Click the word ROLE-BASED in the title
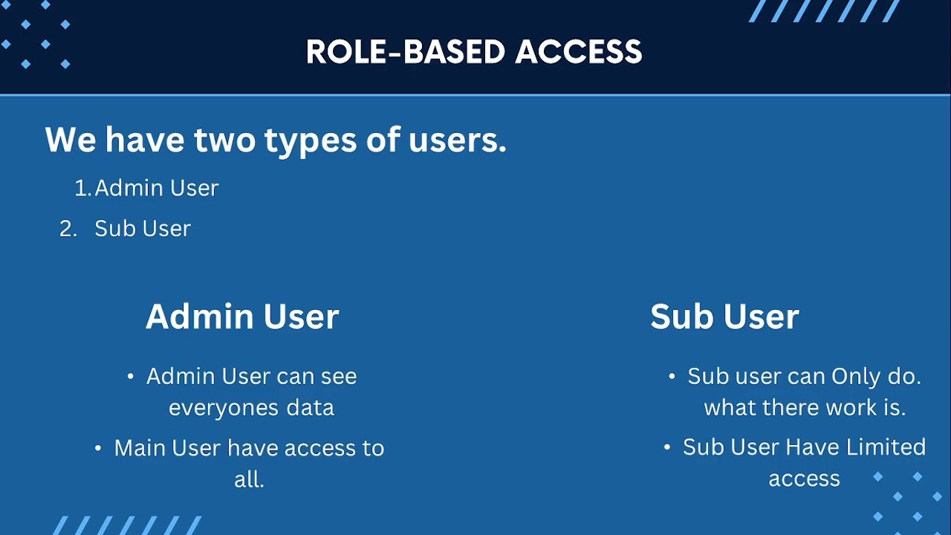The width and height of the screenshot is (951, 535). coord(406,52)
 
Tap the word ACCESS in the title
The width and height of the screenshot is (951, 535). coord(579,52)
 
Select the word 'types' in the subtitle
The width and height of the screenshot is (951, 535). coord(311,142)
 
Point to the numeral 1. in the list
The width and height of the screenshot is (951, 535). coord(82,188)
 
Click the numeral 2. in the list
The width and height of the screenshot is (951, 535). coord(68,228)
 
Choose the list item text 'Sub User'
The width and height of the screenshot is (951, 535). coord(143,228)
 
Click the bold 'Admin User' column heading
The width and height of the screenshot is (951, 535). coord(242,317)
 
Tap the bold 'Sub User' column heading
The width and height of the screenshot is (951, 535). coord(724,317)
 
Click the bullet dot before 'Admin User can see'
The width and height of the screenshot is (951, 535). coord(130,376)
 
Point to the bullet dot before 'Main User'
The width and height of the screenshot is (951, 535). coord(98,448)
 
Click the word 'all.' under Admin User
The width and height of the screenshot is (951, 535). coord(249,479)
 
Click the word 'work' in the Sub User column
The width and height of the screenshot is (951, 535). coord(851,408)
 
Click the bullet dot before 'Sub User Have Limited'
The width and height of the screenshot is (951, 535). coord(666,447)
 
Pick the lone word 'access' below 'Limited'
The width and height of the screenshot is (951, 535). coord(804,480)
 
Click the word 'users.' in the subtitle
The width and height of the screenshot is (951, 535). coord(458,140)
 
